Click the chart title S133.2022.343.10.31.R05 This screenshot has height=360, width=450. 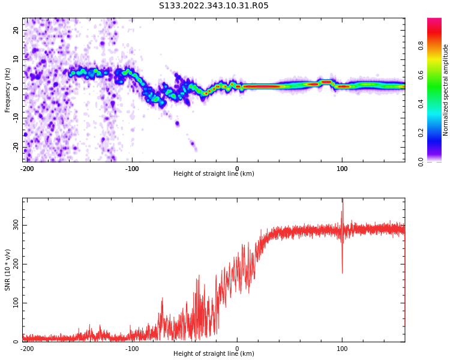click(214, 6)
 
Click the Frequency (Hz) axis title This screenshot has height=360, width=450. click(8, 90)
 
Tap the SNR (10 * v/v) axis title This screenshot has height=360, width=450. click(8, 269)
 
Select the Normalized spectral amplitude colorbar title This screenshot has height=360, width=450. click(446, 90)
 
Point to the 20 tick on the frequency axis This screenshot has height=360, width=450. click(16, 30)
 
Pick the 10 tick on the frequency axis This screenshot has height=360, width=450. click(16, 59)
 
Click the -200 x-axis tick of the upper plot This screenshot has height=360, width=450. click(27, 169)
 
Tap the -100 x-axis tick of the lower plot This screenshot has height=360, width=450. click(132, 349)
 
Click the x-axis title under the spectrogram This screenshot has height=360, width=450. click(214, 174)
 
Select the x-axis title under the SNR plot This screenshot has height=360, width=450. click(214, 354)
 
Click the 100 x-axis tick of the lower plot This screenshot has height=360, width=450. click(342, 349)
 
